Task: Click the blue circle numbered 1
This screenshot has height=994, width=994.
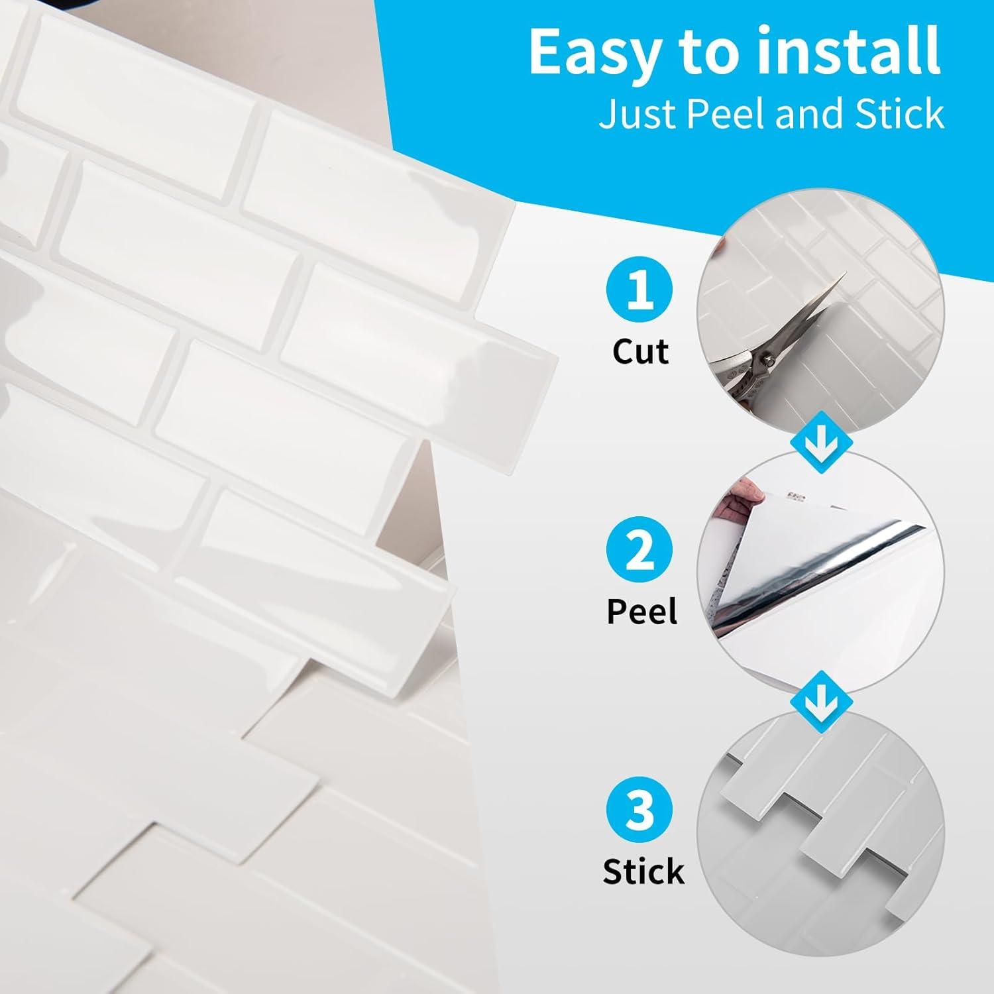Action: [639, 290]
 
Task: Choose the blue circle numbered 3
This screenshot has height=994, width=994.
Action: [639, 810]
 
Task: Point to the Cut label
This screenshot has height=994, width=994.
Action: [640, 351]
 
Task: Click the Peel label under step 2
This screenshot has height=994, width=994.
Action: [641, 611]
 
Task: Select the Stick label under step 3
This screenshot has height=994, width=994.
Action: [643, 871]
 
